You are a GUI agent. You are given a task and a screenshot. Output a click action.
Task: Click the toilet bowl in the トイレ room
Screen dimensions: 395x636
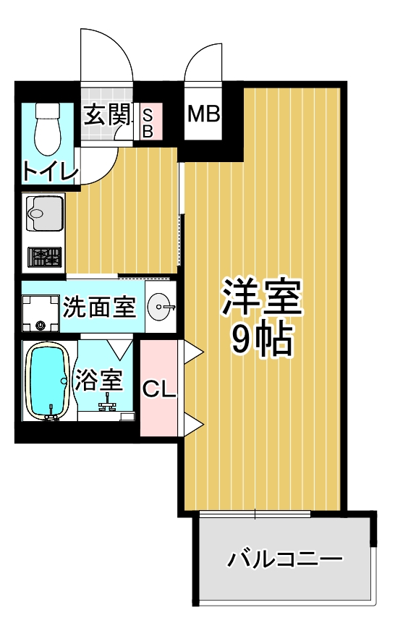coord(47,130)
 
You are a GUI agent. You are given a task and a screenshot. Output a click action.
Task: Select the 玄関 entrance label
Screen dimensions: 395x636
coord(108,115)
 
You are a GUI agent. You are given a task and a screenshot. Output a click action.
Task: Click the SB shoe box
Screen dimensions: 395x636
coord(148,122)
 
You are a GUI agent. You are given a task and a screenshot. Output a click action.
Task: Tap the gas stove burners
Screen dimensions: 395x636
coord(45,257)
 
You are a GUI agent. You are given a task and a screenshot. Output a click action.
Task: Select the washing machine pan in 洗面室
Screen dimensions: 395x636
coord(41,313)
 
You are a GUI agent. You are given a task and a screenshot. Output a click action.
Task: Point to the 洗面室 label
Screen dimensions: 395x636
coord(99,307)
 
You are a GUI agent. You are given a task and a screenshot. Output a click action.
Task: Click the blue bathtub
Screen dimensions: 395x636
coord(47,380)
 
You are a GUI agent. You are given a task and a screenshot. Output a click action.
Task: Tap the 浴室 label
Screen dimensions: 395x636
coord(99,380)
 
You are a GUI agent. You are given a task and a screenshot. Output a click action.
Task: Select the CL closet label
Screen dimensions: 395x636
coord(159,389)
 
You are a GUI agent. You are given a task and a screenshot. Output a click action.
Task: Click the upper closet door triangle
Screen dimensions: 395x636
coord(192,351)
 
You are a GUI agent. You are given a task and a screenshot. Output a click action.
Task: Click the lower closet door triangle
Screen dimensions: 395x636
coord(192,424)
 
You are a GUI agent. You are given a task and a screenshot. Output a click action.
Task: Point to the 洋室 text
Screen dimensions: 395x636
coord(262,297)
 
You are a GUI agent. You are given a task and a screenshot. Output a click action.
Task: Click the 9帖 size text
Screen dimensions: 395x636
coord(262,339)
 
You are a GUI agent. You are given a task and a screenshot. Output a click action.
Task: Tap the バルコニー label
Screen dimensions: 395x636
coord(285,560)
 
